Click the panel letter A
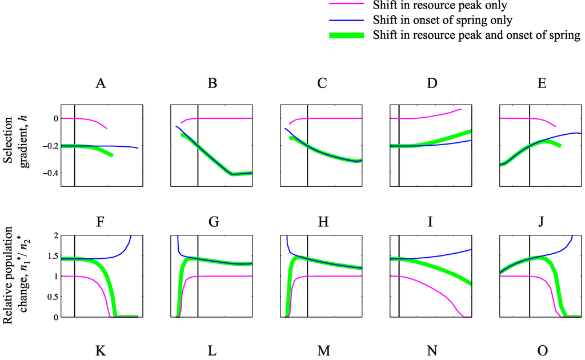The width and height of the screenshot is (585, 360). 101,83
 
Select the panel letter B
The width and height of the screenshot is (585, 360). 212,83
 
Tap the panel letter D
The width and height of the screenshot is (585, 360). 432,83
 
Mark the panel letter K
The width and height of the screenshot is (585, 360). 101,350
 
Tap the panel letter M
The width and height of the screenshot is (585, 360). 323,350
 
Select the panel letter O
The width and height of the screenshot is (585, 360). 542,350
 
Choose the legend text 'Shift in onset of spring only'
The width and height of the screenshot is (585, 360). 442,21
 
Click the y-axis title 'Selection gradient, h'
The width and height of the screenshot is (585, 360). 17,146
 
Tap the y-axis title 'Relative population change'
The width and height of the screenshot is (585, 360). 17,276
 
